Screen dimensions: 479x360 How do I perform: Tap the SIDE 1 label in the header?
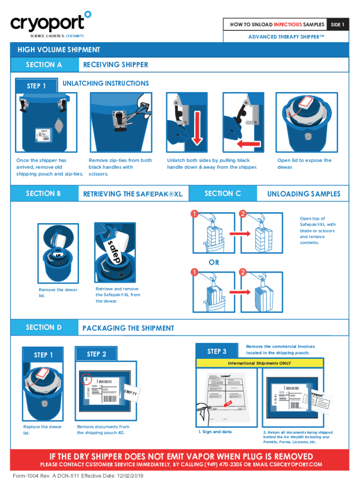(337, 24)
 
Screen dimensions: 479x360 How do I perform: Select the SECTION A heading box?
(44, 65)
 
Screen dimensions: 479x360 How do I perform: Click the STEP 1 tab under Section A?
(36, 86)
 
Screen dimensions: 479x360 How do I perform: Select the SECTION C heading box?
(223, 193)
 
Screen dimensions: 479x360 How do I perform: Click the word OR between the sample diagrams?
(214, 262)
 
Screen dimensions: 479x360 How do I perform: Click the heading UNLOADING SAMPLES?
(303, 194)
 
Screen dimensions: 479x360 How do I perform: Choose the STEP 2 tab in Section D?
(96, 354)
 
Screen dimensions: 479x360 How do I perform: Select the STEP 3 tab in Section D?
(217, 351)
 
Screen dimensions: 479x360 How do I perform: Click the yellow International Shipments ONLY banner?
(259, 363)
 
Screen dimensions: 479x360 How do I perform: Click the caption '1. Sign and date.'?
(215, 432)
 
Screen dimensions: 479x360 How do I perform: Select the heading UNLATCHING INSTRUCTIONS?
(106, 83)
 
